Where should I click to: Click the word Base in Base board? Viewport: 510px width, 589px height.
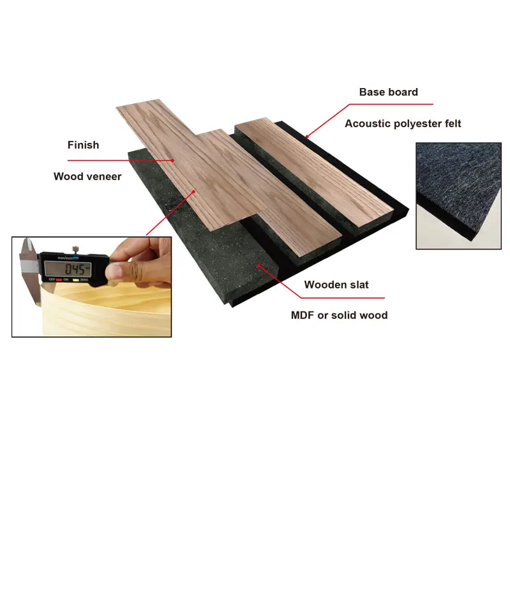(x=371, y=92)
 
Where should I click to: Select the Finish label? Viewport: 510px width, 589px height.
(x=83, y=145)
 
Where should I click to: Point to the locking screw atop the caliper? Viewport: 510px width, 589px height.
(x=75, y=249)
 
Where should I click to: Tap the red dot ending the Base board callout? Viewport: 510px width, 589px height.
(x=307, y=136)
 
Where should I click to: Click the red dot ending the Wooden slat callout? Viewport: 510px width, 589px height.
(x=258, y=264)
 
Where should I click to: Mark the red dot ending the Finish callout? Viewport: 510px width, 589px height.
(x=173, y=160)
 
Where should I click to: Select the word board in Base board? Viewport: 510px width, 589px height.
(x=402, y=92)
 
